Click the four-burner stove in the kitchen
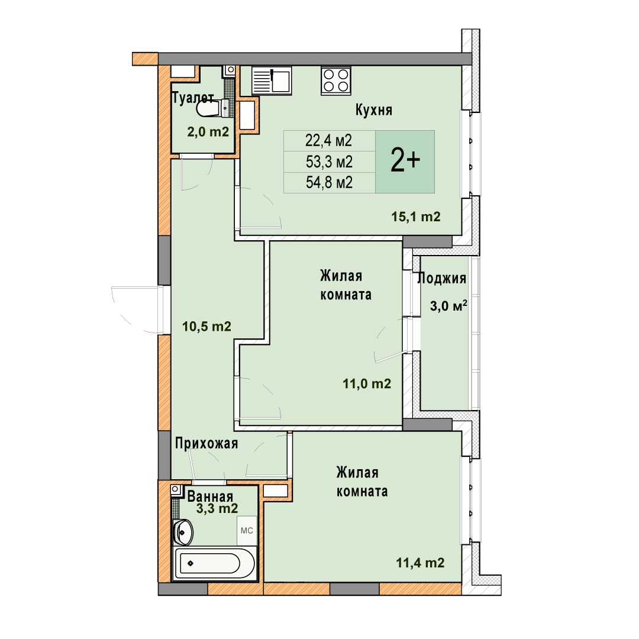coord(336,80)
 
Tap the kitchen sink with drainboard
coord(272,80)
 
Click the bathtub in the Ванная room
coord(214,563)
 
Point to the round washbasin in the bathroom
coord(183,532)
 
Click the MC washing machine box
coord(247,531)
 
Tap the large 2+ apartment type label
coord(405,160)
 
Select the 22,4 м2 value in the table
coord(328,141)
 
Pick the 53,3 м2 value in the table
coord(330,162)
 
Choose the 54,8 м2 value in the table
coord(330,183)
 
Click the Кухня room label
coord(374,110)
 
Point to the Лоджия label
coord(442,278)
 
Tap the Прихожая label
coord(206,443)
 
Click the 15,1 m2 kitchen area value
coord(416,217)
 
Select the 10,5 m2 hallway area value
coord(206,327)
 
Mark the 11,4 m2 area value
coord(420,563)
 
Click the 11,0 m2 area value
coord(367,383)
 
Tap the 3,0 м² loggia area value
coord(448,306)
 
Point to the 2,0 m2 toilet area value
coord(208,132)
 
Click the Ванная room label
coord(210,496)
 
